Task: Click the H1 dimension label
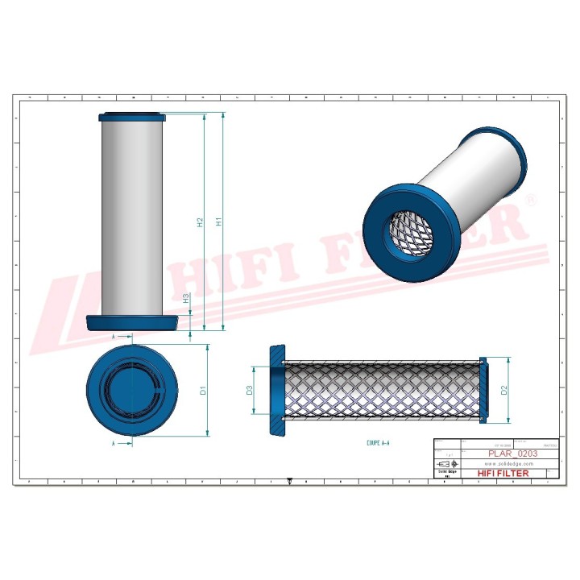[218, 222]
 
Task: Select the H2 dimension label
[200, 222]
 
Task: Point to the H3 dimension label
[187, 298]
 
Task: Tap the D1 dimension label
[204, 391]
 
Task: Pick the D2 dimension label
[504, 391]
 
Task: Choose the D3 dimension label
[250, 391]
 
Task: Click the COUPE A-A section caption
[378, 443]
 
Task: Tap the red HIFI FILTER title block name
[503, 474]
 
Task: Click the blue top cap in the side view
[132, 118]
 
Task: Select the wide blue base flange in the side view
[132, 322]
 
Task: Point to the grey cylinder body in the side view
[132, 217]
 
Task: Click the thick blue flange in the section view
[277, 391]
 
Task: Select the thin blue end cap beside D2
[483, 391]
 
